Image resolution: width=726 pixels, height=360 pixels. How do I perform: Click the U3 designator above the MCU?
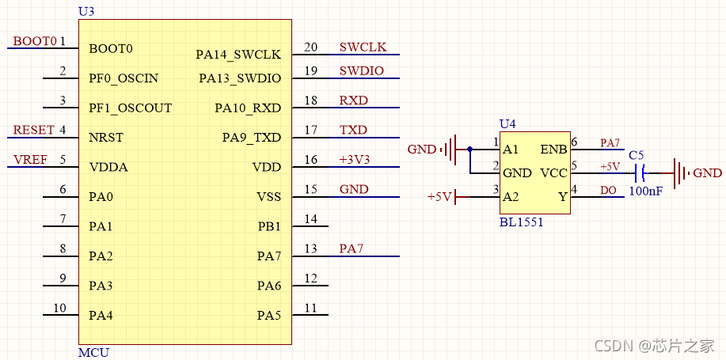86,11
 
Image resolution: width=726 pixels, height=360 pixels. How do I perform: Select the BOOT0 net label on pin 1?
35,41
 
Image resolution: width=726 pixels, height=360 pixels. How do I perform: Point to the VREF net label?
31,160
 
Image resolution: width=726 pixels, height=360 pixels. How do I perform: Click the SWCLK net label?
363,47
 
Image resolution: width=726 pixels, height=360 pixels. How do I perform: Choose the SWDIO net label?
361,71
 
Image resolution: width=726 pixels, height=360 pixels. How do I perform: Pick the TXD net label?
353,131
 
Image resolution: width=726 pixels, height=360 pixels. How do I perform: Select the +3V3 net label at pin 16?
354,160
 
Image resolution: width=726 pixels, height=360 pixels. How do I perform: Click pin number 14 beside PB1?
310,219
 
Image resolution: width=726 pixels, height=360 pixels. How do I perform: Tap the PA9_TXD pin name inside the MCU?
251,138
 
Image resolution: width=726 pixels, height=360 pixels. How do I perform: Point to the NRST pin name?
105,138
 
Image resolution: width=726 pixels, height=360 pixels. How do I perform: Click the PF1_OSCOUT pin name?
130,108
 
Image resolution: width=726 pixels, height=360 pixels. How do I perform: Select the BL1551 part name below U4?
521,222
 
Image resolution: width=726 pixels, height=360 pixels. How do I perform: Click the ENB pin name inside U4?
553,150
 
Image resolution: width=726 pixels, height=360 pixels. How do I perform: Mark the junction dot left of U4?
469,149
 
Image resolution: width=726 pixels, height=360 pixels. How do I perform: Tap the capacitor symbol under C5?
640,172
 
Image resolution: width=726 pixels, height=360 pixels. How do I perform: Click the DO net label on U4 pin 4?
608,191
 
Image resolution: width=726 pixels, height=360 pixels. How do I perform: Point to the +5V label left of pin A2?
439,196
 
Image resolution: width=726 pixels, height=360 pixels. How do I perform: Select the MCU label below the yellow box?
93,352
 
